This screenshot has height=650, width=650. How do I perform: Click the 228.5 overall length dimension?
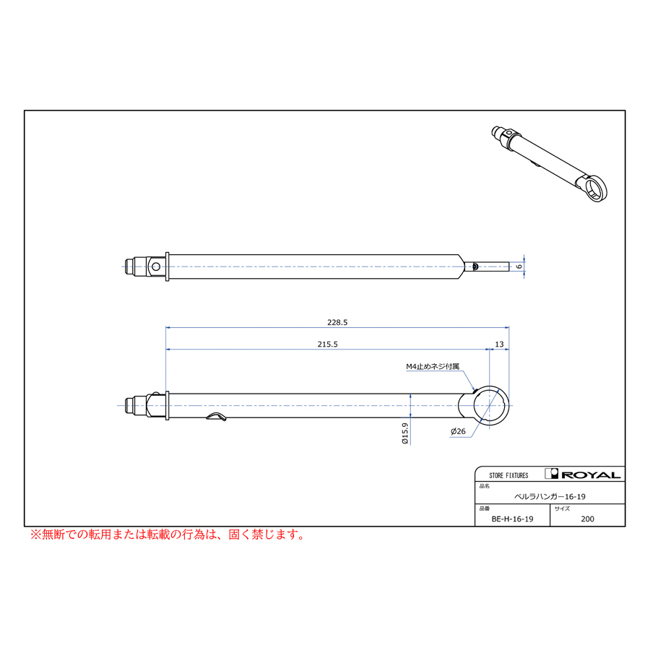coord(337,323)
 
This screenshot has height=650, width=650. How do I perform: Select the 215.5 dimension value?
coord(327,344)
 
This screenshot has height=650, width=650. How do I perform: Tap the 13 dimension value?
coord(499,344)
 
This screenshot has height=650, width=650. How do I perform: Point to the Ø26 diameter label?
coord(458,432)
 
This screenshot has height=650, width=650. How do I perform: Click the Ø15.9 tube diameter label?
coord(405,433)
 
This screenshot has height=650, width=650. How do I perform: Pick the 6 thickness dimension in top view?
coord(519,266)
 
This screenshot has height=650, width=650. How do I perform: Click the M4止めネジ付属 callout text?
coord(433,366)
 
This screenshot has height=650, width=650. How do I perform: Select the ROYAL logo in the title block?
coord(582,474)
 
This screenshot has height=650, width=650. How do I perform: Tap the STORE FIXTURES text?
coord(508,475)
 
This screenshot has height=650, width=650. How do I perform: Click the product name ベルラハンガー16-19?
coord(550,497)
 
